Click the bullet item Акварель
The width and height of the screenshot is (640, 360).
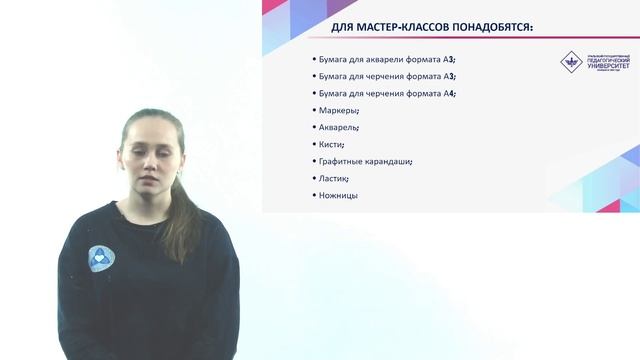click(339, 127)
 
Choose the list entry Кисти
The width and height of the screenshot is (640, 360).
click(331, 144)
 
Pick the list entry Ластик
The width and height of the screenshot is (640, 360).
click(334, 178)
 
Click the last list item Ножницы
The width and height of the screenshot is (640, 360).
click(338, 195)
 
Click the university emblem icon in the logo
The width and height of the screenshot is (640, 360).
click(570, 61)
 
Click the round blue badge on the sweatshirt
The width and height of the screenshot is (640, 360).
click(100, 259)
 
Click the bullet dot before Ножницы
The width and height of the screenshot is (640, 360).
click(314, 195)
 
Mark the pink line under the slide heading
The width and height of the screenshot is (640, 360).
click(450, 38)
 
